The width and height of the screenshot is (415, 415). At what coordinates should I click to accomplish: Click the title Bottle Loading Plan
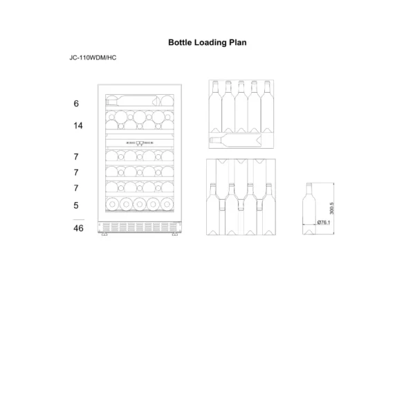[207, 42]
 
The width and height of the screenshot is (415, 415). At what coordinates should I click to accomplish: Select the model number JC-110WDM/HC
[93, 57]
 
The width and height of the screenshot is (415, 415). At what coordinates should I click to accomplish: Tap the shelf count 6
[76, 104]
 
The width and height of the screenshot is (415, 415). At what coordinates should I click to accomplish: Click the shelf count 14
[78, 125]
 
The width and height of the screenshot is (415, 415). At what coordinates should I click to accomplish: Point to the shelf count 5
[76, 205]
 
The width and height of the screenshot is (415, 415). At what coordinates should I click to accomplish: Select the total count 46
[78, 228]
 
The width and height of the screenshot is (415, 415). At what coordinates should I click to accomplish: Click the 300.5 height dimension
[332, 208]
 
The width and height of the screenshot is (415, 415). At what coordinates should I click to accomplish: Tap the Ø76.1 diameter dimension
[324, 222]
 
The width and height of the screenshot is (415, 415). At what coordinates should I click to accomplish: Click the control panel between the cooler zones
[140, 143]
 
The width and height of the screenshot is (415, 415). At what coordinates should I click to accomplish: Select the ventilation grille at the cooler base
[140, 227]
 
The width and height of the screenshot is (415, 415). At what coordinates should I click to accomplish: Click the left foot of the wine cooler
[104, 234]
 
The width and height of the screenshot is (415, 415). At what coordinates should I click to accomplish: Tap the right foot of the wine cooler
[175, 234]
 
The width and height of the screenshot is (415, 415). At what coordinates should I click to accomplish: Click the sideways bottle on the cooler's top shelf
[132, 101]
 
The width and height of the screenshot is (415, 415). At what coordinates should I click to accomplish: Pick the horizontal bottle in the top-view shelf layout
[236, 140]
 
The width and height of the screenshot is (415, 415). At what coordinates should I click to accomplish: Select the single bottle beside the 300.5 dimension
[309, 209]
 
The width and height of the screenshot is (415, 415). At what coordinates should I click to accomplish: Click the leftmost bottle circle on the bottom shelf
[112, 204]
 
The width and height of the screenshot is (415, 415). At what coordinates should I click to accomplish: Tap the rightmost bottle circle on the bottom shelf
[167, 204]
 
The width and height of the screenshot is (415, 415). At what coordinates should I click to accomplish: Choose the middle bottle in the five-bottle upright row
[241, 107]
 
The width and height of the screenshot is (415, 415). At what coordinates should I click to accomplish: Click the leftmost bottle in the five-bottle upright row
[215, 107]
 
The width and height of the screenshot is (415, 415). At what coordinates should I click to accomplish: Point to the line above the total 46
[79, 220]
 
